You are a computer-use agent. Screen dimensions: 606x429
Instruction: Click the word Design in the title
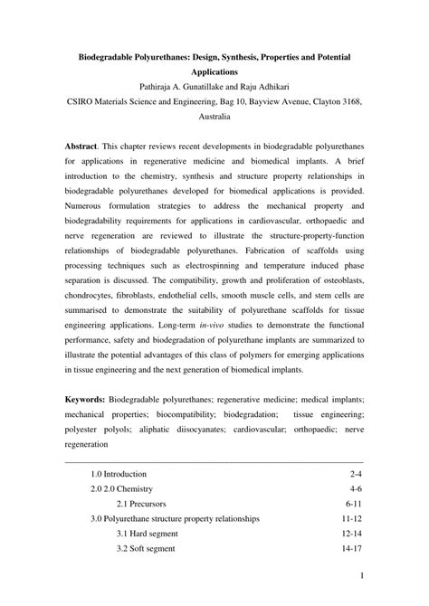point(214,56)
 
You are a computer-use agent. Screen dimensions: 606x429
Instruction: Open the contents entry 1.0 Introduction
point(119,473)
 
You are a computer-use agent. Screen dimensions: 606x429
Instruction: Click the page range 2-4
point(355,473)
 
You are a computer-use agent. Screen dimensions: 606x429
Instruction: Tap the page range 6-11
point(353,501)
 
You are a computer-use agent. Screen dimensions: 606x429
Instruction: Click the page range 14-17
point(351,549)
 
